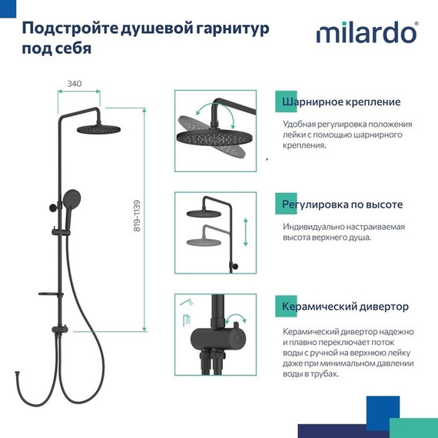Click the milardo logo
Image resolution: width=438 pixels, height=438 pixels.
(367, 34)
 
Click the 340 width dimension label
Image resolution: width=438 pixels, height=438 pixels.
(75, 83)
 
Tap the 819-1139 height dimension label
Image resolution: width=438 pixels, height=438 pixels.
(137, 217)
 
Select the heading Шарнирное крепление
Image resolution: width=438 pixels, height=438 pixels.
(341, 101)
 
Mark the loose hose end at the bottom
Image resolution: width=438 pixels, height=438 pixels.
(35, 377)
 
